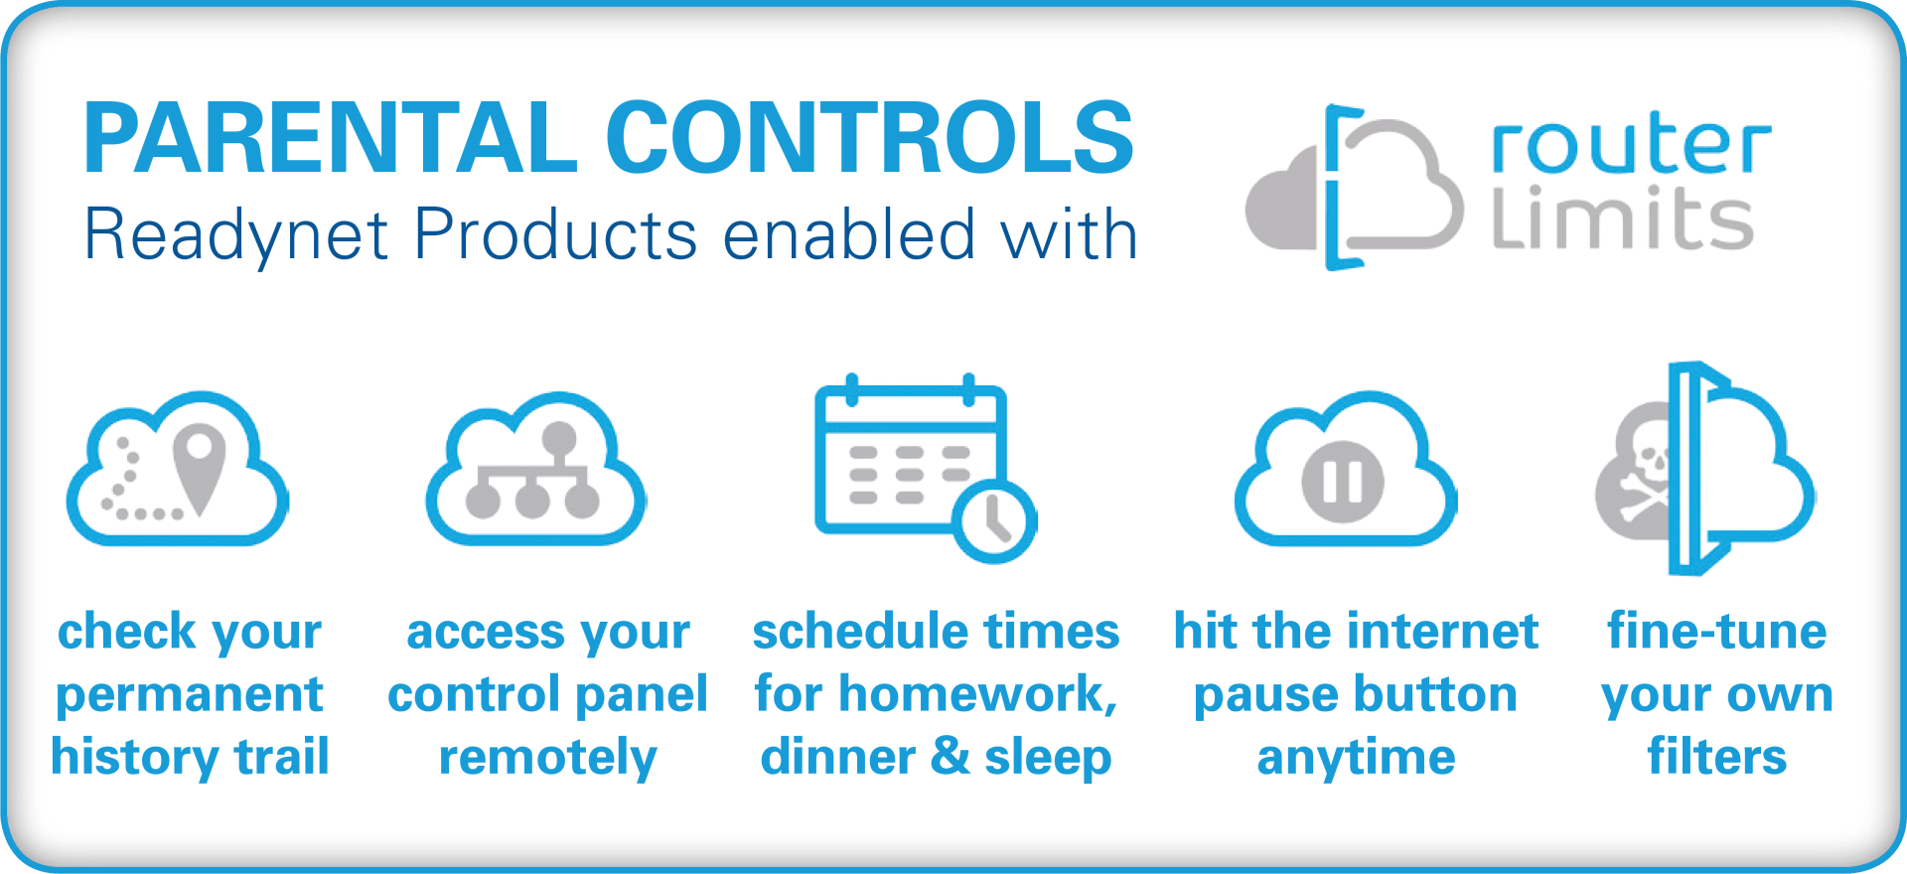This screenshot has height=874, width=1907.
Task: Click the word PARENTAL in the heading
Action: [331, 139]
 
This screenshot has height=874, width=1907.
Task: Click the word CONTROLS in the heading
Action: [869, 139]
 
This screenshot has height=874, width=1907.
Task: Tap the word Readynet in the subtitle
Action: [235, 235]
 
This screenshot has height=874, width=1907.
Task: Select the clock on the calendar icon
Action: [994, 521]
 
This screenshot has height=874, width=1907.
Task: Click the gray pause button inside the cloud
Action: [1343, 482]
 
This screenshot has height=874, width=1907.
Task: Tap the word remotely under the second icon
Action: [548, 757]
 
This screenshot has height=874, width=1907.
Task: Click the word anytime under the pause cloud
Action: [1356, 757]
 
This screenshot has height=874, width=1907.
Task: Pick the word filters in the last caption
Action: [1717, 757]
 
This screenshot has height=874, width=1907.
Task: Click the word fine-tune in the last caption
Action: [1717, 632]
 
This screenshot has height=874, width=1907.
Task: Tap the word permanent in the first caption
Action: [190, 693]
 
